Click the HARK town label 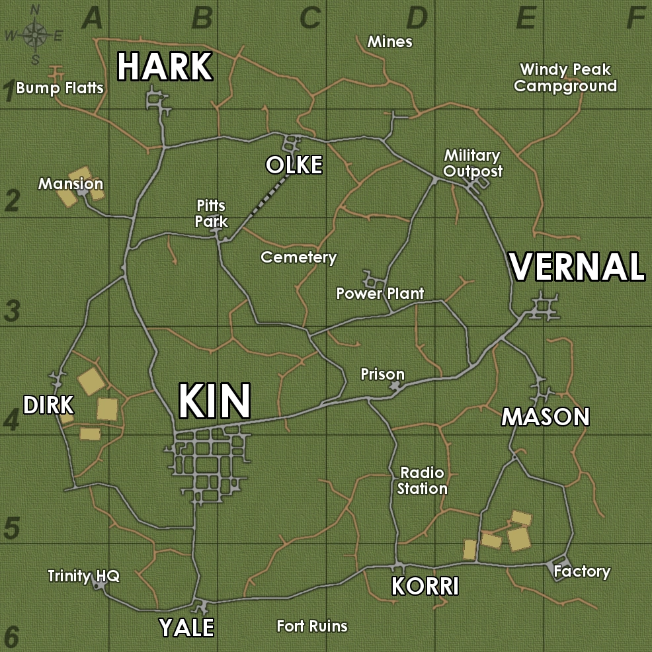point(165,67)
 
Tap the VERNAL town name point(577,267)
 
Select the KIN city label point(214,401)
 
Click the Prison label point(382,375)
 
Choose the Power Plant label point(380,293)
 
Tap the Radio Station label point(423,481)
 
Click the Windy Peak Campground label point(565,77)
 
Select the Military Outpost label point(472,163)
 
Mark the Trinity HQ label point(83,576)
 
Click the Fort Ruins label point(312,626)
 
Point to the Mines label point(390,42)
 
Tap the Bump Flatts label point(60,87)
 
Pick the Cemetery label point(299,257)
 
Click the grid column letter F point(635,19)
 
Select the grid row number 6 point(11,637)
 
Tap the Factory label point(582,571)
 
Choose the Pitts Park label point(212,214)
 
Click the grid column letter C point(309,19)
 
